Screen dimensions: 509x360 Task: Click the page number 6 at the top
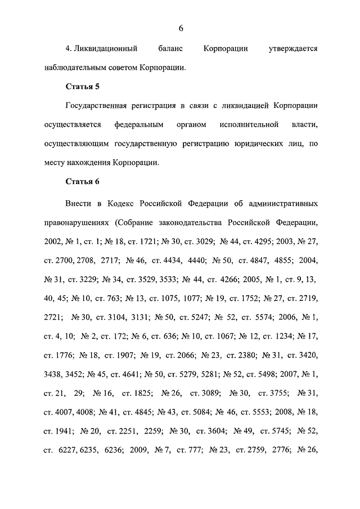click(x=181, y=28)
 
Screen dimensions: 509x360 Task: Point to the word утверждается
click(x=292, y=48)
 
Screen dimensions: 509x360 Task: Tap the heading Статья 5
click(x=82, y=87)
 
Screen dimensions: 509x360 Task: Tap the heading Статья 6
click(x=82, y=182)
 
